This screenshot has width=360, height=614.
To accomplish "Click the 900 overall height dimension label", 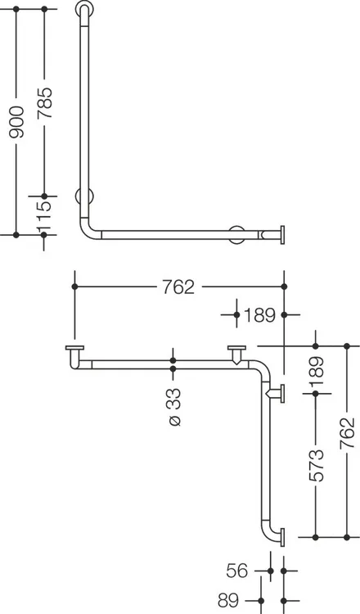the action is pyautogui.click(x=17, y=122).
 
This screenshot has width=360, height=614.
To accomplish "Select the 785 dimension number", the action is pyautogui.click(x=44, y=103).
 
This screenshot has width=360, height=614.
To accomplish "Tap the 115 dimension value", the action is pyautogui.click(x=44, y=216).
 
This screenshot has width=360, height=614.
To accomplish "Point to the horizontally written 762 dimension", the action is pyautogui.click(x=178, y=287).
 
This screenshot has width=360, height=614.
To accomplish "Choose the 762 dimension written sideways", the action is pyautogui.click(x=347, y=433).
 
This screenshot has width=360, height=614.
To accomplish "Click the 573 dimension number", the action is pyautogui.click(x=316, y=465).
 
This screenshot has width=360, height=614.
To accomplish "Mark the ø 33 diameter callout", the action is pyautogui.click(x=173, y=407).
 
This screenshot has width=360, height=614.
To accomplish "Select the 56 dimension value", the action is pyautogui.click(x=237, y=571).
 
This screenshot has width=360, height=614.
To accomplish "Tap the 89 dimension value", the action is pyautogui.click(x=228, y=599).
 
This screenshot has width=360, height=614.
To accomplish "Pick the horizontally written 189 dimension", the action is pyautogui.click(x=259, y=315).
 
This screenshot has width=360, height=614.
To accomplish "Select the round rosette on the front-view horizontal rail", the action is pyautogui.click(x=237, y=235).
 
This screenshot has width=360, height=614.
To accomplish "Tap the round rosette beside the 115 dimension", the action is pyautogui.click(x=84, y=196).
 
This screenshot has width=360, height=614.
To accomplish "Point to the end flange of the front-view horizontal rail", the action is pyautogui.click(x=282, y=235).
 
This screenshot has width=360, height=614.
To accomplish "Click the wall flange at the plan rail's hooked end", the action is pyautogui.click(x=74, y=348).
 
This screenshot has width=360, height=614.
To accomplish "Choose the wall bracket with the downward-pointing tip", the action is pyautogui.click(x=236, y=354).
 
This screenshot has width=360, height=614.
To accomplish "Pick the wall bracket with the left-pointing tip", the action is pyautogui.click(x=276, y=394).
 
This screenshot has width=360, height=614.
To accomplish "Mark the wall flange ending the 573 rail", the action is pyautogui.click(x=282, y=537).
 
